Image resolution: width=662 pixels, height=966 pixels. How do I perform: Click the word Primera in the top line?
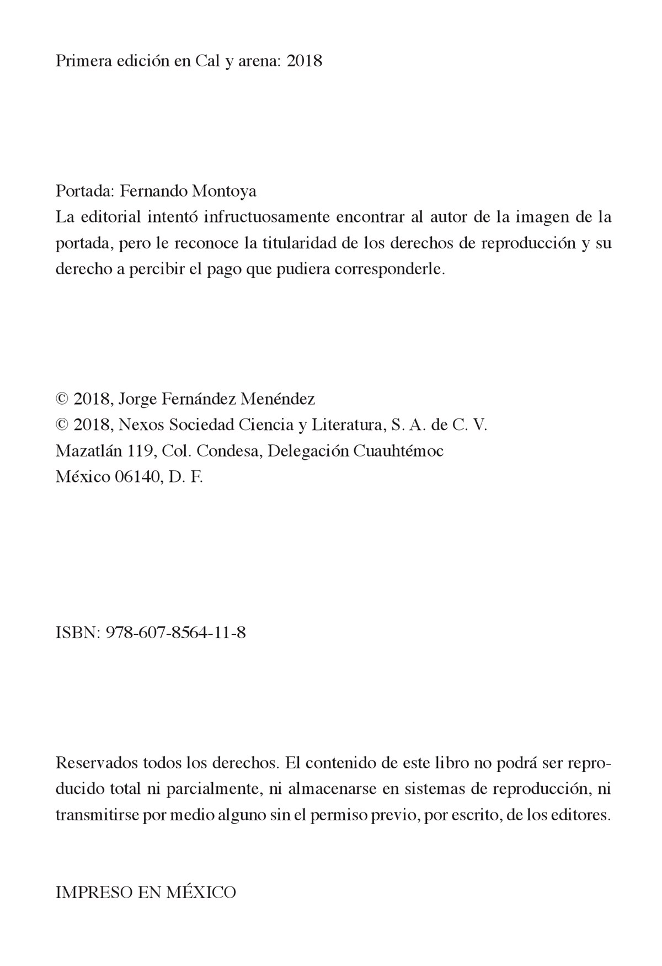point(81,61)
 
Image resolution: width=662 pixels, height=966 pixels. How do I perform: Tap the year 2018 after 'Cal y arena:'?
point(305,61)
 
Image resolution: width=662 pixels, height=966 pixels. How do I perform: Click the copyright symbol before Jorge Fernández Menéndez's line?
point(62,399)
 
